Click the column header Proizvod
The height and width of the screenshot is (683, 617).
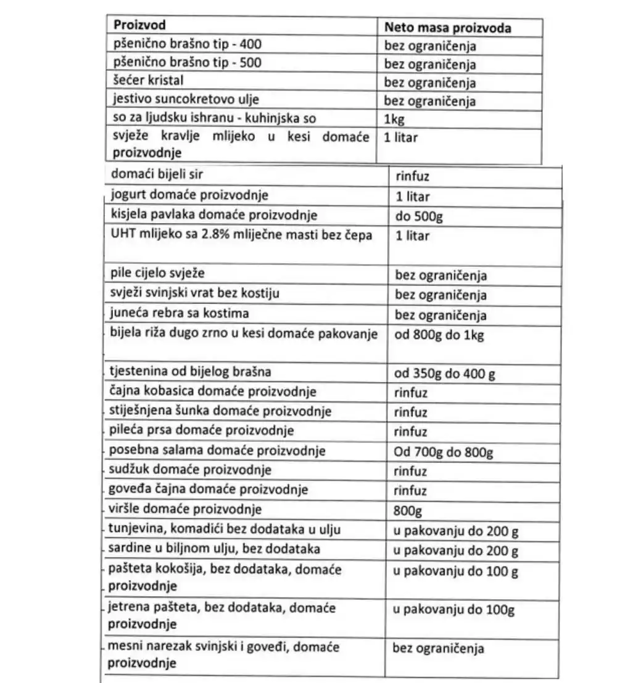pos(139,25)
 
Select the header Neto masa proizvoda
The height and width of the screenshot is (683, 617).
pos(447,28)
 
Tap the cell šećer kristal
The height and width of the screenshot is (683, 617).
pos(149,80)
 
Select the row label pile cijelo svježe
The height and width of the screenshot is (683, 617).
pos(157,272)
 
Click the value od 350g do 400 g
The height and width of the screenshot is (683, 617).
pos(445,374)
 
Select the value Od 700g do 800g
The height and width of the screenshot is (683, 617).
pos(443,453)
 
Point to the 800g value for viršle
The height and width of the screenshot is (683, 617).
pos(407,511)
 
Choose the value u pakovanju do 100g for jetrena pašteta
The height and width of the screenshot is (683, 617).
pos(453,610)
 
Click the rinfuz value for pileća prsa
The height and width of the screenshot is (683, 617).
pos(410,431)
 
